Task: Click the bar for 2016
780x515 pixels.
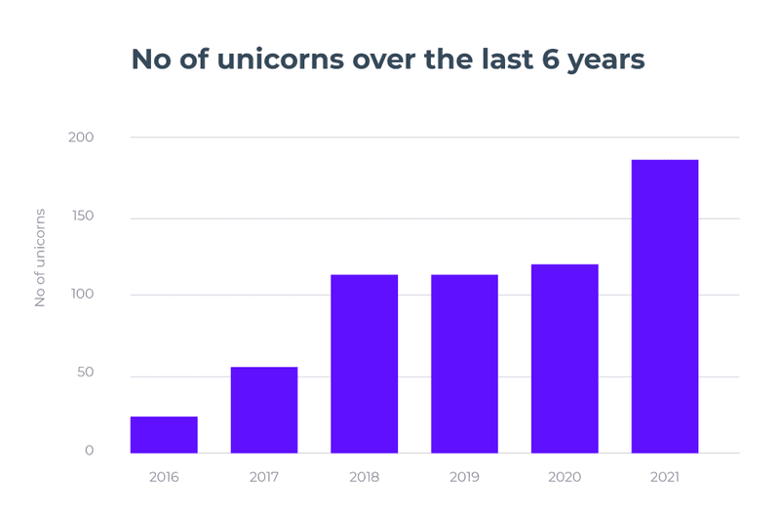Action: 164,435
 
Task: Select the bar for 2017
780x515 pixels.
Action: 264,410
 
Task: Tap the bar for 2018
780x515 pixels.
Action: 365,364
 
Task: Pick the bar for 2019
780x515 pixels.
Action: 464,364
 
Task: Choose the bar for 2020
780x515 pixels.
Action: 565,359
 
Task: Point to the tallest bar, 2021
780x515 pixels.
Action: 665,306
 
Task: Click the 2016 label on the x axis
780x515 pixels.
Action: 164,477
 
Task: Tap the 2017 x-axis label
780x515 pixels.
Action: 264,477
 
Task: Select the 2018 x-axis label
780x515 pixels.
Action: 365,477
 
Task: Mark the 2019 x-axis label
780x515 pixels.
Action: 464,477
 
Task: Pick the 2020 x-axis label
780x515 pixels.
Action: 565,477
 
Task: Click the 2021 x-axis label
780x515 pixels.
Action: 665,477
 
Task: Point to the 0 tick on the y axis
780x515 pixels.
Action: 89,451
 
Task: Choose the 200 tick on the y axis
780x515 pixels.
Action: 81,138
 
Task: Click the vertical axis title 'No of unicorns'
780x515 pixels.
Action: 41,257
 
